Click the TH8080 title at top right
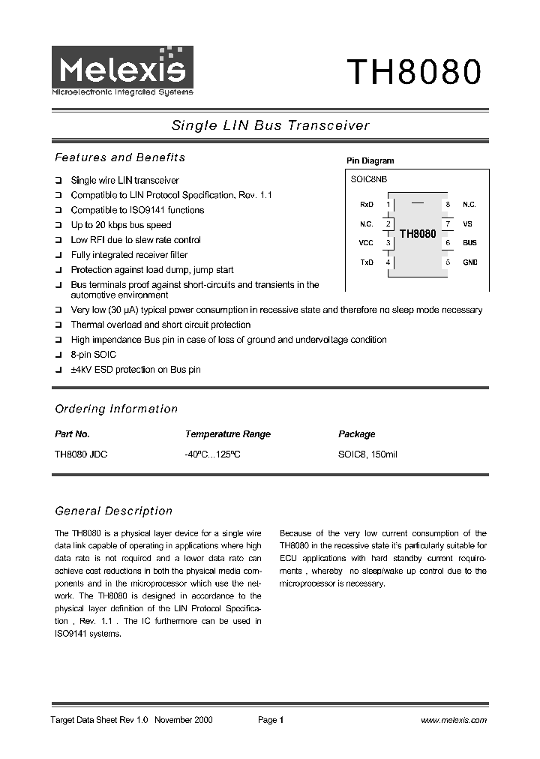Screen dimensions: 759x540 [412, 73]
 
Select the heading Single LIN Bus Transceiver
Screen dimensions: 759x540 [271, 125]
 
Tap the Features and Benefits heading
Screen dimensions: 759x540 [120, 157]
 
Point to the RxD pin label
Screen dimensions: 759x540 [366, 204]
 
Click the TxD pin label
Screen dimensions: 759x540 [366, 262]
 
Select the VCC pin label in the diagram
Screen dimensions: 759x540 [365, 243]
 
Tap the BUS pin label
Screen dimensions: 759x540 [469, 243]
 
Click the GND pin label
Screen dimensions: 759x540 [469, 262]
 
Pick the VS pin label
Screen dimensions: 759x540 [467, 223]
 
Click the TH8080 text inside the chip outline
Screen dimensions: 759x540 [417, 234]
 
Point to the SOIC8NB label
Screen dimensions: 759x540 [368, 179]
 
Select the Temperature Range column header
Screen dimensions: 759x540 [227, 434]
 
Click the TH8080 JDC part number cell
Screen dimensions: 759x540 [81, 454]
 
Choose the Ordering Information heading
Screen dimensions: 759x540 [116, 409]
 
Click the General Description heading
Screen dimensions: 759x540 [114, 511]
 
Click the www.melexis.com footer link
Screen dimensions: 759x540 [454, 720]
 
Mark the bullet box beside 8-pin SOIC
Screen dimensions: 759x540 [58, 355]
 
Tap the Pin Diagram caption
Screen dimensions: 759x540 [370, 160]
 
